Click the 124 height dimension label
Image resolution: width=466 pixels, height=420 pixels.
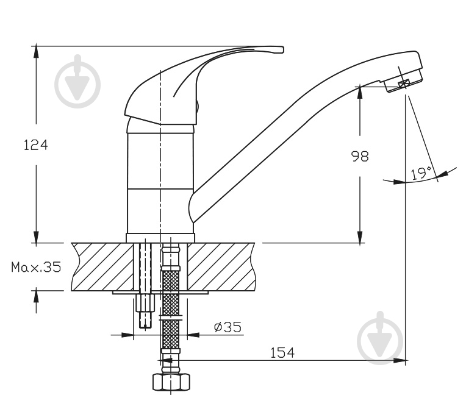click(35, 145)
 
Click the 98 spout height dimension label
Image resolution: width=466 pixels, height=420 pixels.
click(360, 156)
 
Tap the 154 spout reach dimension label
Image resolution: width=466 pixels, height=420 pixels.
click(282, 352)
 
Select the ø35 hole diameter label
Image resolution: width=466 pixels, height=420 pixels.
click(228, 327)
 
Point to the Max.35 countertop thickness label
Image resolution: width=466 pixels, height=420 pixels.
click(36, 267)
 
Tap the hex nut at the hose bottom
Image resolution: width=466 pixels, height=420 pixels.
click(171, 382)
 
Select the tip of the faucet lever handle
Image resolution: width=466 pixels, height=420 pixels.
click(282, 49)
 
